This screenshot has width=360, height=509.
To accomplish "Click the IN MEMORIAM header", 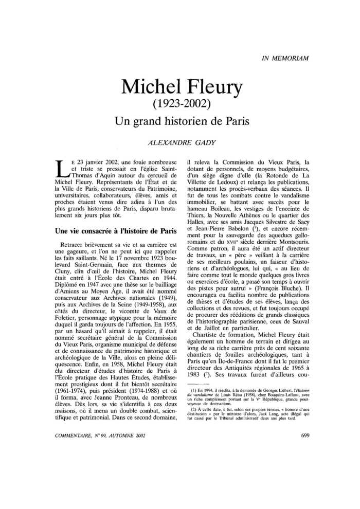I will [284, 58].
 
